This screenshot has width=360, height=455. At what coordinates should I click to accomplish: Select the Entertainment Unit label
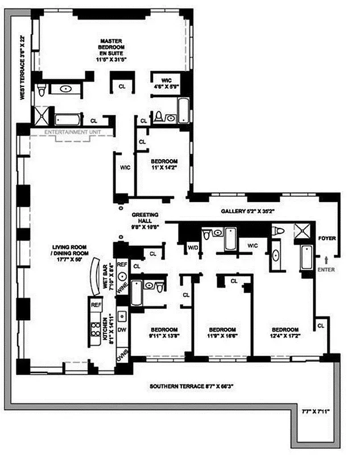coord(68,132)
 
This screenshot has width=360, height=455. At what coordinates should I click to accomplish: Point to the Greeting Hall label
coord(147,219)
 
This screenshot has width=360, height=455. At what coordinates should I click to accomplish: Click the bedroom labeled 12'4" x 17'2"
coord(285,333)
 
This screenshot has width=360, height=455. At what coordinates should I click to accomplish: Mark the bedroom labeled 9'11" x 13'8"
coord(163,333)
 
